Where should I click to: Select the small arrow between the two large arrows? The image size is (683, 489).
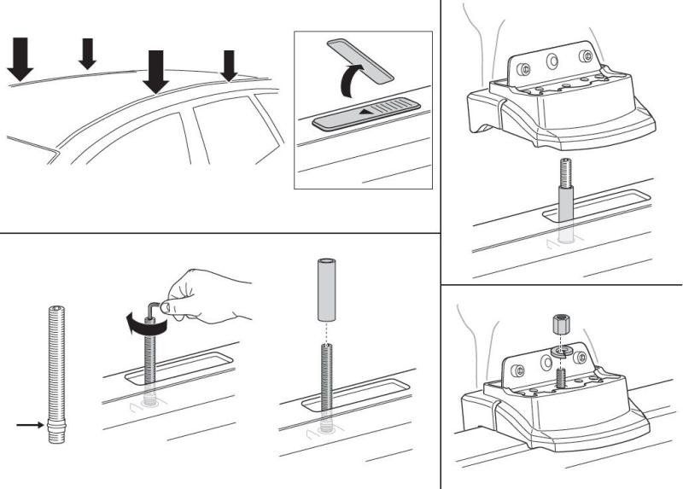click(x=87, y=54)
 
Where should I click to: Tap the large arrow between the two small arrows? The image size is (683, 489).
click(x=155, y=71)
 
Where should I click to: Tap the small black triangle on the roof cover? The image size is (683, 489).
click(x=365, y=111)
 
